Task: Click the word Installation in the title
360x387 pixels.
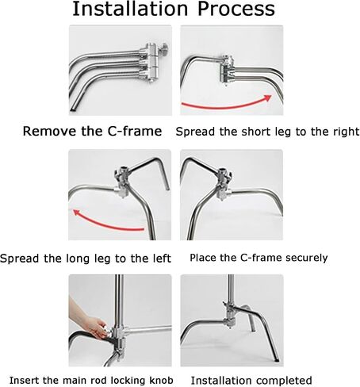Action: [x=130, y=9]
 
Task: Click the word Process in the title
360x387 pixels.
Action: [x=236, y=9]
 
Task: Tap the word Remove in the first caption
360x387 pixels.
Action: [x=50, y=131]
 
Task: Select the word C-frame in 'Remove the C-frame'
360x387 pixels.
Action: [x=135, y=131]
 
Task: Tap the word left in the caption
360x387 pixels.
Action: [x=161, y=258]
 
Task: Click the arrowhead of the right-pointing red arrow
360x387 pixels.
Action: [x=268, y=98]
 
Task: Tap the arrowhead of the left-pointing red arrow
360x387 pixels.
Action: [x=77, y=212]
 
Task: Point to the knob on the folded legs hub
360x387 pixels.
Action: [x=164, y=48]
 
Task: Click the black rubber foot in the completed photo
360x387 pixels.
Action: [x=277, y=359]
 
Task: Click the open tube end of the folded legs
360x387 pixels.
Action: [x=73, y=109]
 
